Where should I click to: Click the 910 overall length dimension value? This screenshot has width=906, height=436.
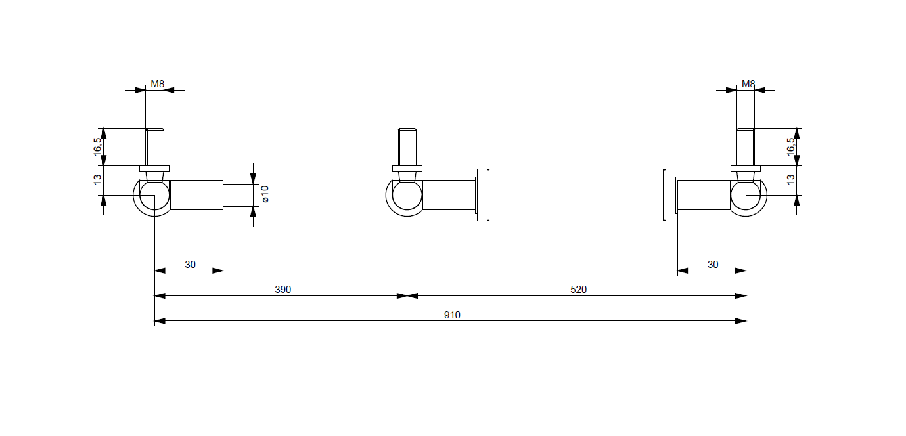451,315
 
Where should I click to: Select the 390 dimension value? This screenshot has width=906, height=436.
283,290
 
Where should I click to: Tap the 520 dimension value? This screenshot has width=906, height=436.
578,290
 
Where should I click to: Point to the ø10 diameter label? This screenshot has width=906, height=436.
265,194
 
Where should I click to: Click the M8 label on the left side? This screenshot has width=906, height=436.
157,84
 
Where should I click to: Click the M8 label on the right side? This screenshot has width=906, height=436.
748,84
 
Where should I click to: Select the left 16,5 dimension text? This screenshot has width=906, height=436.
98,146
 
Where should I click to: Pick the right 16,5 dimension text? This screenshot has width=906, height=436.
790,146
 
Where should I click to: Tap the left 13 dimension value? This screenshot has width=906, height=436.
98,178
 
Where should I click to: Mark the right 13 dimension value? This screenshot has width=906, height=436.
790,178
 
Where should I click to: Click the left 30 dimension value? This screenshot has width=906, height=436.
190,265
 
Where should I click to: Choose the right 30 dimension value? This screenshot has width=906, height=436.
713,265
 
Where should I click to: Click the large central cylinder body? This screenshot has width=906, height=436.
576,195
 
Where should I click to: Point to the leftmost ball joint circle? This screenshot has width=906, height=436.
154,195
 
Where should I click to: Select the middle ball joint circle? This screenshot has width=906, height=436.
407,195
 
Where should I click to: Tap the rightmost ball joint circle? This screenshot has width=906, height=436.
746,195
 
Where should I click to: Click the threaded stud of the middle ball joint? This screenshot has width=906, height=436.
407,146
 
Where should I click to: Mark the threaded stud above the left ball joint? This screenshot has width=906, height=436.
154,146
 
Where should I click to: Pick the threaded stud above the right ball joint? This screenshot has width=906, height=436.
746,146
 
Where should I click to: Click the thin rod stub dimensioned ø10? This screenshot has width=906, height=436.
237,195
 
